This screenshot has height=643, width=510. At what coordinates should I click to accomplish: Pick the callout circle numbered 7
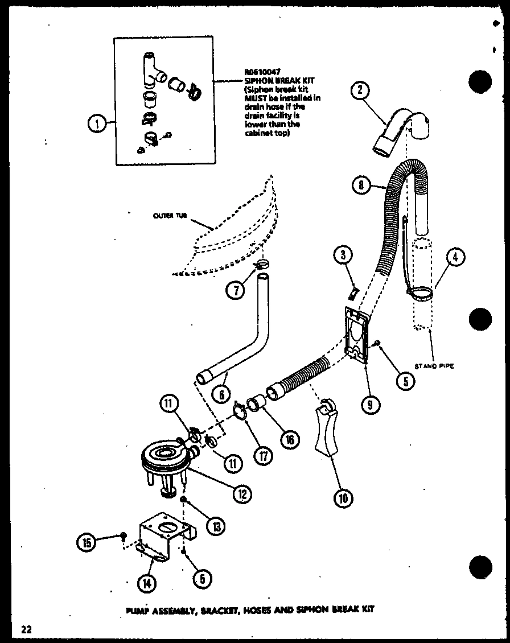[236, 290]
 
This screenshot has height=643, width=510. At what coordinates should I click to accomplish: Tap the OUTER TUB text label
[170, 216]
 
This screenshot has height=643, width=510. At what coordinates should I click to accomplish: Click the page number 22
[26, 629]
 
